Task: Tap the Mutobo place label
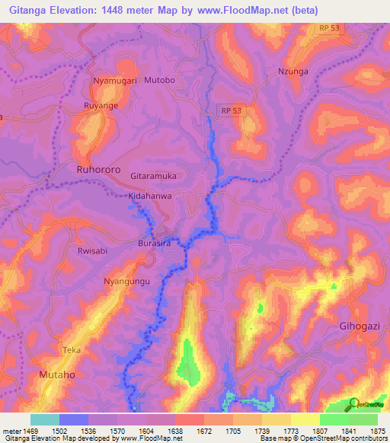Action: [x=160, y=80]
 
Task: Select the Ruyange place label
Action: [x=101, y=106]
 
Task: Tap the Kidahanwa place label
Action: [x=150, y=196]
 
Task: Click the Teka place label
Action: [x=72, y=350]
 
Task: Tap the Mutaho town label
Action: [x=59, y=375]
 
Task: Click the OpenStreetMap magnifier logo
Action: [x=353, y=403]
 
